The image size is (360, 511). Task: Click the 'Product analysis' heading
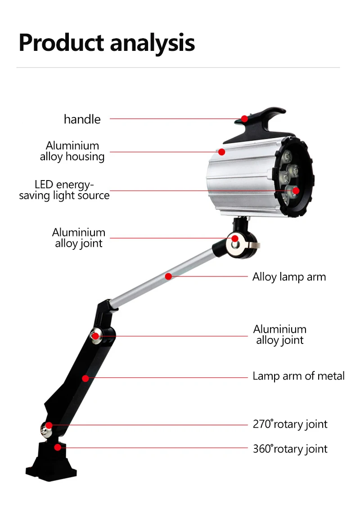click(107, 43)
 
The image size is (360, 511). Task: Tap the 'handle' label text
click(82, 119)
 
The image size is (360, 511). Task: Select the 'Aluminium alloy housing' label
click(72, 151)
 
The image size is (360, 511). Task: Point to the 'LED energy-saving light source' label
click(64, 190)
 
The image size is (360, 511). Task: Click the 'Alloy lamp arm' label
click(289, 277)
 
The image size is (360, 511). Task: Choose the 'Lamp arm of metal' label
click(298, 376)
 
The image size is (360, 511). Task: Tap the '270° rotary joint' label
click(290, 424)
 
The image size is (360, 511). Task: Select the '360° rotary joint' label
click(290, 449)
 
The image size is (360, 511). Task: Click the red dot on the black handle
click(244, 119)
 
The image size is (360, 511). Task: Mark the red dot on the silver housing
click(221, 152)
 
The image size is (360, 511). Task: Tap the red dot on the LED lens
click(296, 190)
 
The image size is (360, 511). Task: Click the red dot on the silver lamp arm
click(168, 276)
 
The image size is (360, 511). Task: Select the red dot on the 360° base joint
click(58, 448)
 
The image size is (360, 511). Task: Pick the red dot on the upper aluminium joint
click(235, 238)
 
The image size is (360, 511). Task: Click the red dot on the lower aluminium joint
click(95, 336)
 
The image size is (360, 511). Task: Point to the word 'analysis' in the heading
click(153, 43)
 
